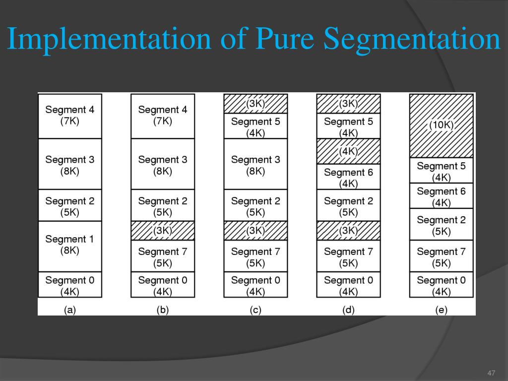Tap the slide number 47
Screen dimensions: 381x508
[x=492, y=373]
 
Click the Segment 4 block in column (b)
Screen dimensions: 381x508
[x=163, y=116]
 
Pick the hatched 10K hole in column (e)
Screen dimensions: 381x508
[x=441, y=126]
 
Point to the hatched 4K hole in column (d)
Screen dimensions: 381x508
[x=348, y=151]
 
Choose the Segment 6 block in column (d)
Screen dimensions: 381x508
[x=348, y=177]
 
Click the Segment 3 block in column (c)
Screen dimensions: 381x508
[x=255, y=164]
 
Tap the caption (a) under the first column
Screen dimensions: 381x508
[x=70, y=310]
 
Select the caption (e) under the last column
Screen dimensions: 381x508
[x=441, y=310]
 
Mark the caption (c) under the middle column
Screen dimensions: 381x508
[x=255, y=310]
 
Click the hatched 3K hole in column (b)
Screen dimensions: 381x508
[x=163, y=231]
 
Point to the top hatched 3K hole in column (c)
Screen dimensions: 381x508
[x=255, y=104]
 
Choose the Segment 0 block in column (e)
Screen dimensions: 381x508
[x=441, y=285]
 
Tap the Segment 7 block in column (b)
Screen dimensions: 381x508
[x=163, y=256]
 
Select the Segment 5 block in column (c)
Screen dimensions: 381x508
[x=255, y=126]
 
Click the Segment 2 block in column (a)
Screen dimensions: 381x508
[x=70, y=205]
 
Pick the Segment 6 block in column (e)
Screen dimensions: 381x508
[x=441, y=196]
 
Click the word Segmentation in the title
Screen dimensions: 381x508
[x=412, y=40]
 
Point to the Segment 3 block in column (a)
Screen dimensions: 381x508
[x=70, y=164]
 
